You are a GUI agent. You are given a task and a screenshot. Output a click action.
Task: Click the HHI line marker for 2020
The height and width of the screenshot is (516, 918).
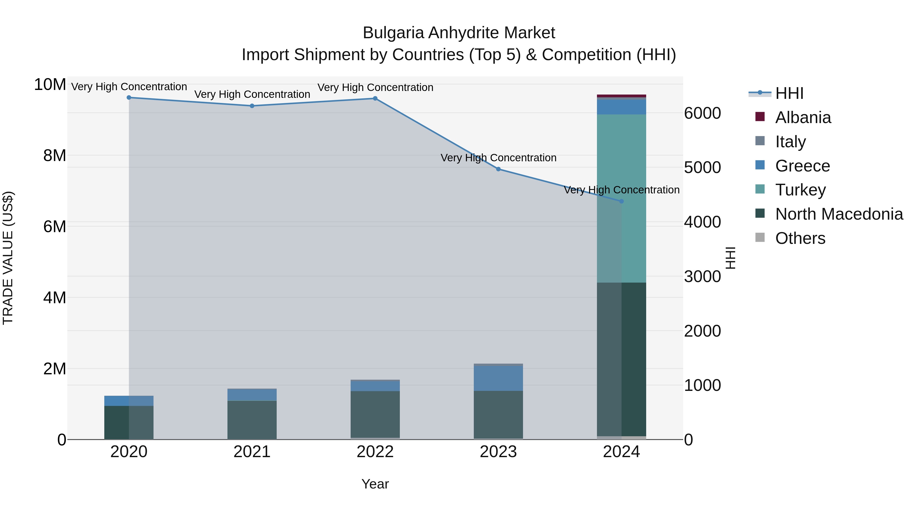click(x=129, y=98)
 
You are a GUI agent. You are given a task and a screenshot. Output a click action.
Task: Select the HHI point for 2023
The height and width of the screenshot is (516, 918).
click(x=498, y=169)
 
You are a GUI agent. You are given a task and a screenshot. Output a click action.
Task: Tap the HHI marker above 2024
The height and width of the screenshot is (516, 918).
click(x=621, y=201)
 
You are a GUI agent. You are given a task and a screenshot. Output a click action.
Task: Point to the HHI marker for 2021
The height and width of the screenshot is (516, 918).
click(x=252, y=106)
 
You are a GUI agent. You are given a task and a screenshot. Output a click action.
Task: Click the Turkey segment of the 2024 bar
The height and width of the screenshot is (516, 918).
click(x=621, y=198)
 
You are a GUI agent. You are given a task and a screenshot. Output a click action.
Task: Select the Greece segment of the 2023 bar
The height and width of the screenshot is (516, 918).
click(x=498, y=378)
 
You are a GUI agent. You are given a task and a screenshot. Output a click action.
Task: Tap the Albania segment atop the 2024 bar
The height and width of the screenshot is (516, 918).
click(x=621, y=96)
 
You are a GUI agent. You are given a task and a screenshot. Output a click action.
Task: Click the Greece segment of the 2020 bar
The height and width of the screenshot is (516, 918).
click(x=129, y=401)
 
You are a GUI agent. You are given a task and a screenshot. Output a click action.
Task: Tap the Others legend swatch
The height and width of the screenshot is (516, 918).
click(x=760, y=237)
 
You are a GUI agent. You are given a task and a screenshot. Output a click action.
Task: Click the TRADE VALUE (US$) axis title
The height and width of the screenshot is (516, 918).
click(x=8, y=258)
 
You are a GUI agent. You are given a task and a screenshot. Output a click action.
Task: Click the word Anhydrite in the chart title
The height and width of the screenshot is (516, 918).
click(x=459, y=33)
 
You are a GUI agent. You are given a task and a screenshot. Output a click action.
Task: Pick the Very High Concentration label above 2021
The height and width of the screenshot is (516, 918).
click(x=252, y=94)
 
